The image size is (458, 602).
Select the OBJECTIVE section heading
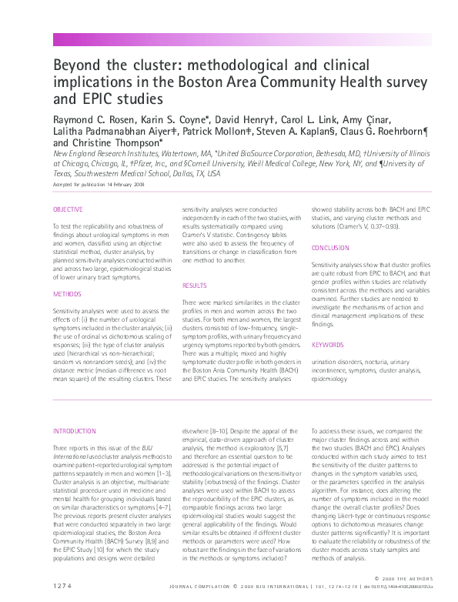click(x=69, y=210)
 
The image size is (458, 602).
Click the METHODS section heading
click(x=66, y=294)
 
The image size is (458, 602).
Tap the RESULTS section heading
click(x=194, y=286)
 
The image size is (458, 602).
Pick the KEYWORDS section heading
click(x=328, y=345)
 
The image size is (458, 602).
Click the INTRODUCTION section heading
click(x=75, y=431)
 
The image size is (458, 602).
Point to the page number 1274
click(x=63, y=587)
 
